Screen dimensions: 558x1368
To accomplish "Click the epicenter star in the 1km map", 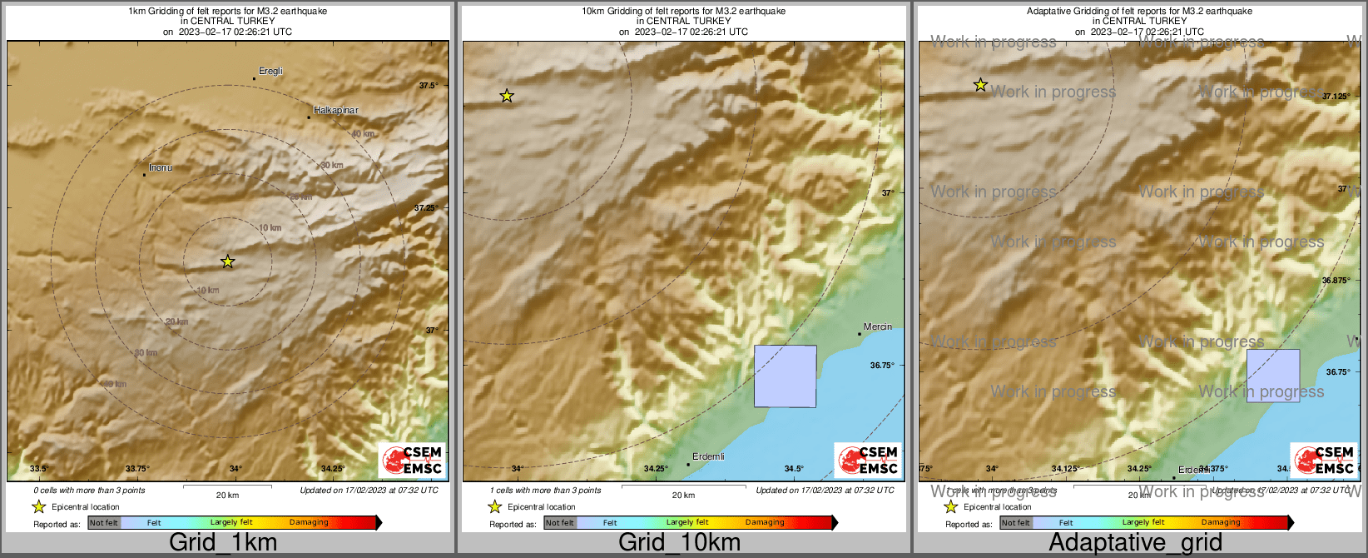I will (x=228, y=262).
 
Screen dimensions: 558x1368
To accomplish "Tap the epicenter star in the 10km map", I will (x=507, y=97).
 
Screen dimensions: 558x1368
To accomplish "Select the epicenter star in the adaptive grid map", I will (x=981, y=85).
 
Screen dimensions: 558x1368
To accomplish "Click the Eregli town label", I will (x=270, y=72).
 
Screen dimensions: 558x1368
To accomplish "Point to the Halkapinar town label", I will (x=336, y=111).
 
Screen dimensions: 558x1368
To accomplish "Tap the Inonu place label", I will (x=161, y=168).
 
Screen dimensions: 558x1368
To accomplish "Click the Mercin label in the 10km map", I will (x=878, y=327).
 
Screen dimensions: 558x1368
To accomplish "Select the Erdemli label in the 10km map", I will (x=708, y=457).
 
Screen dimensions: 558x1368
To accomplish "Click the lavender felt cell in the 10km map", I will (x=785, y=376).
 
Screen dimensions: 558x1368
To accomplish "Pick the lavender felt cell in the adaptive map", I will (x=1272, y=376).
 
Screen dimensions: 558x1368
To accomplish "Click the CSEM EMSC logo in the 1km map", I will (x=411, y=461).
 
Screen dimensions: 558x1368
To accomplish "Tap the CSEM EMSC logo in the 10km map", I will (x=867, y=461).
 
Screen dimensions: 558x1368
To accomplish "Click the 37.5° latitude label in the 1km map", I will (x=429, y=86).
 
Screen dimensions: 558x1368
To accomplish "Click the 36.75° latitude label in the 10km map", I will (x=882, y=366).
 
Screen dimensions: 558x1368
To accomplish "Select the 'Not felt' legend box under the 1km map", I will (x=104, y=523).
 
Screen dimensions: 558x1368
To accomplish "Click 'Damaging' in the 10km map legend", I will (x=765, y=523).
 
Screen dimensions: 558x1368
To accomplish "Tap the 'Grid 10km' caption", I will (x=679, y=543).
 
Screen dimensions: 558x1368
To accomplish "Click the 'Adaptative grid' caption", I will (x=1135, y=543).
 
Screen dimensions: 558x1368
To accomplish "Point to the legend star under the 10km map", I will (x=494, y=506).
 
